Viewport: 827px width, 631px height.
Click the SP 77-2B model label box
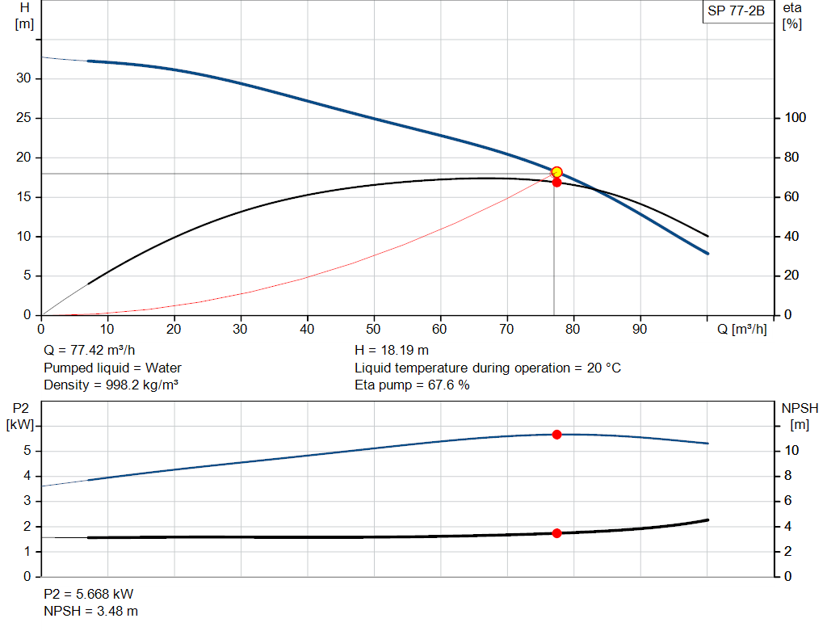pyautogui.click(x=735, y=11)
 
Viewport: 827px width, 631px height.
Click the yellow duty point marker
pyautogui.click(x=556, y=172)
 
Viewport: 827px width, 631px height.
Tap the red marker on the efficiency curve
pyautogui.click(x=556, y=183)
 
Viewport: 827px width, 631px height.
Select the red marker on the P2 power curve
pyautogui.click(x=556, y=435)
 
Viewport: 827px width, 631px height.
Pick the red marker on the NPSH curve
pyautogui.click(x=556, y=533)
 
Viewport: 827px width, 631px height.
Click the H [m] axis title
pyautogui.click(x=24, y=15)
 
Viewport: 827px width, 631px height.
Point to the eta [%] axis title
pyautogui.click(x=791, y=15)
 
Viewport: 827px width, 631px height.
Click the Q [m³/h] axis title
pyautogui.click(x=741, y=330)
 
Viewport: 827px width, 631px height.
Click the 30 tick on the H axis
pyautogui.click(x=23, y=78)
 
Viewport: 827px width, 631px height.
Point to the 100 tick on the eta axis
pyautogui.click(x=796, y=118)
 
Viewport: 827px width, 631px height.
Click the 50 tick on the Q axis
pyautogui.click(x=374, y=330)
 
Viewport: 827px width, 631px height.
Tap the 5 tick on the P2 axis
pyautogui.click(x=27, y=451)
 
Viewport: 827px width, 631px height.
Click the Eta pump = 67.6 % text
pyautogui.click(x=412, y=385)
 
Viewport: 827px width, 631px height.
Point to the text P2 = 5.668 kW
pyautogui.click(x=88, y=595)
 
